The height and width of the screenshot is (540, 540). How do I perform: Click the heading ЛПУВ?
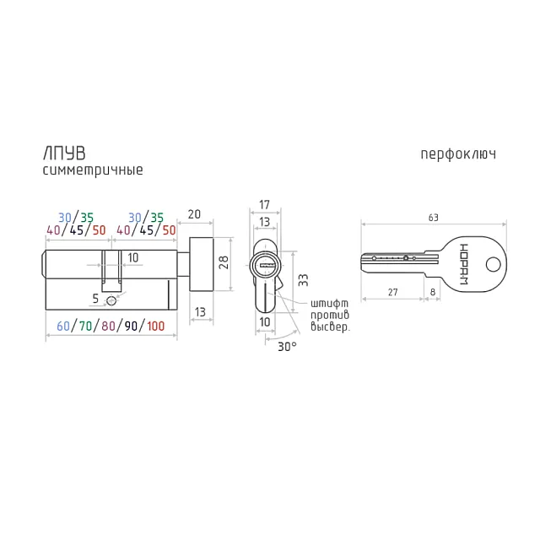64,154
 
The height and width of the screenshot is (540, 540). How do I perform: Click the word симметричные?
93,170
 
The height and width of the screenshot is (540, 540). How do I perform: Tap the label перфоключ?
458,154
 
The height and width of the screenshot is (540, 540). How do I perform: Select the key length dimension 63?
433,218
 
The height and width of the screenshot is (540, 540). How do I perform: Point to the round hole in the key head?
493,265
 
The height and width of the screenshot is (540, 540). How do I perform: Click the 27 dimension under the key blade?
392,293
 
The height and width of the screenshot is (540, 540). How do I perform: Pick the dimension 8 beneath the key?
433,292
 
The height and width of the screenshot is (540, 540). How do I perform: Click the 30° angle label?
287,347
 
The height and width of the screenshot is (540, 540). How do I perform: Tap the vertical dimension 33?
303,280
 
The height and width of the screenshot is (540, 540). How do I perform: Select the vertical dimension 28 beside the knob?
224,262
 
